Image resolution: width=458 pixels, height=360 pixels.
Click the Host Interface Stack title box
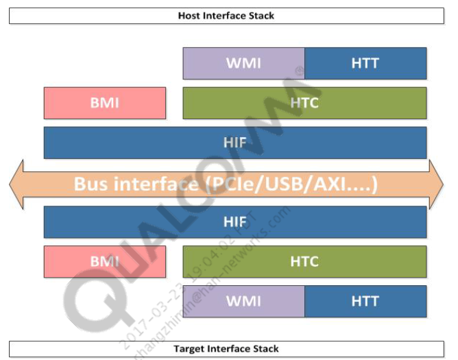pyautogui.click(x=226, y=15)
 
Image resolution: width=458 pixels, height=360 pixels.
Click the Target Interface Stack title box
pyautogui.click(x=226, y=349)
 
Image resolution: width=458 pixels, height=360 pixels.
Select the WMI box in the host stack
pyautogui.click(x=243, y=64)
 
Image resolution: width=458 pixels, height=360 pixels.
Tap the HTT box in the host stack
pyautogui.click(x=365, y=64)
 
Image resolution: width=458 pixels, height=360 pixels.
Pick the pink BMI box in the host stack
pyautogui.click(x=105, y=103)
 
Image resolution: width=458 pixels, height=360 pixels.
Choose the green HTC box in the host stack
pyautogui.click(x=304, y=103)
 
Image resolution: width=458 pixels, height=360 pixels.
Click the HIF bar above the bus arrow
pyautogui.click(x=235, y=143)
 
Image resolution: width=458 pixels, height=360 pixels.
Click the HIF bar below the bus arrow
pyautogui.click(x=235, y=222)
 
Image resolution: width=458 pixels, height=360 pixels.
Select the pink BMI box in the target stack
pyautogui.click(x=105, y=261)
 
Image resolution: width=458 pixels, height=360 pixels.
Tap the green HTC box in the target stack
pyautogui.click(x=304, y=261)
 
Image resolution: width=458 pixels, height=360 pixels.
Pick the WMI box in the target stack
pyautogui.click(x=243, y=301)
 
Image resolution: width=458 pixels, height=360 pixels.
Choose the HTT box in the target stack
pyautogui.click(x=365, y=301)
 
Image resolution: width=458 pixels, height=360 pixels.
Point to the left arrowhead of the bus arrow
pyautogui.click(x=17, y=184)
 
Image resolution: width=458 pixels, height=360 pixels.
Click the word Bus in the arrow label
pyautogui.click(x=91, y=184)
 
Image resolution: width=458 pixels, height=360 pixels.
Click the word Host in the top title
pyautogui.click(x=189, y=15)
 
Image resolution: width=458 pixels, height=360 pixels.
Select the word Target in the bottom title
pyautogui.click(x=189, y=349)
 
